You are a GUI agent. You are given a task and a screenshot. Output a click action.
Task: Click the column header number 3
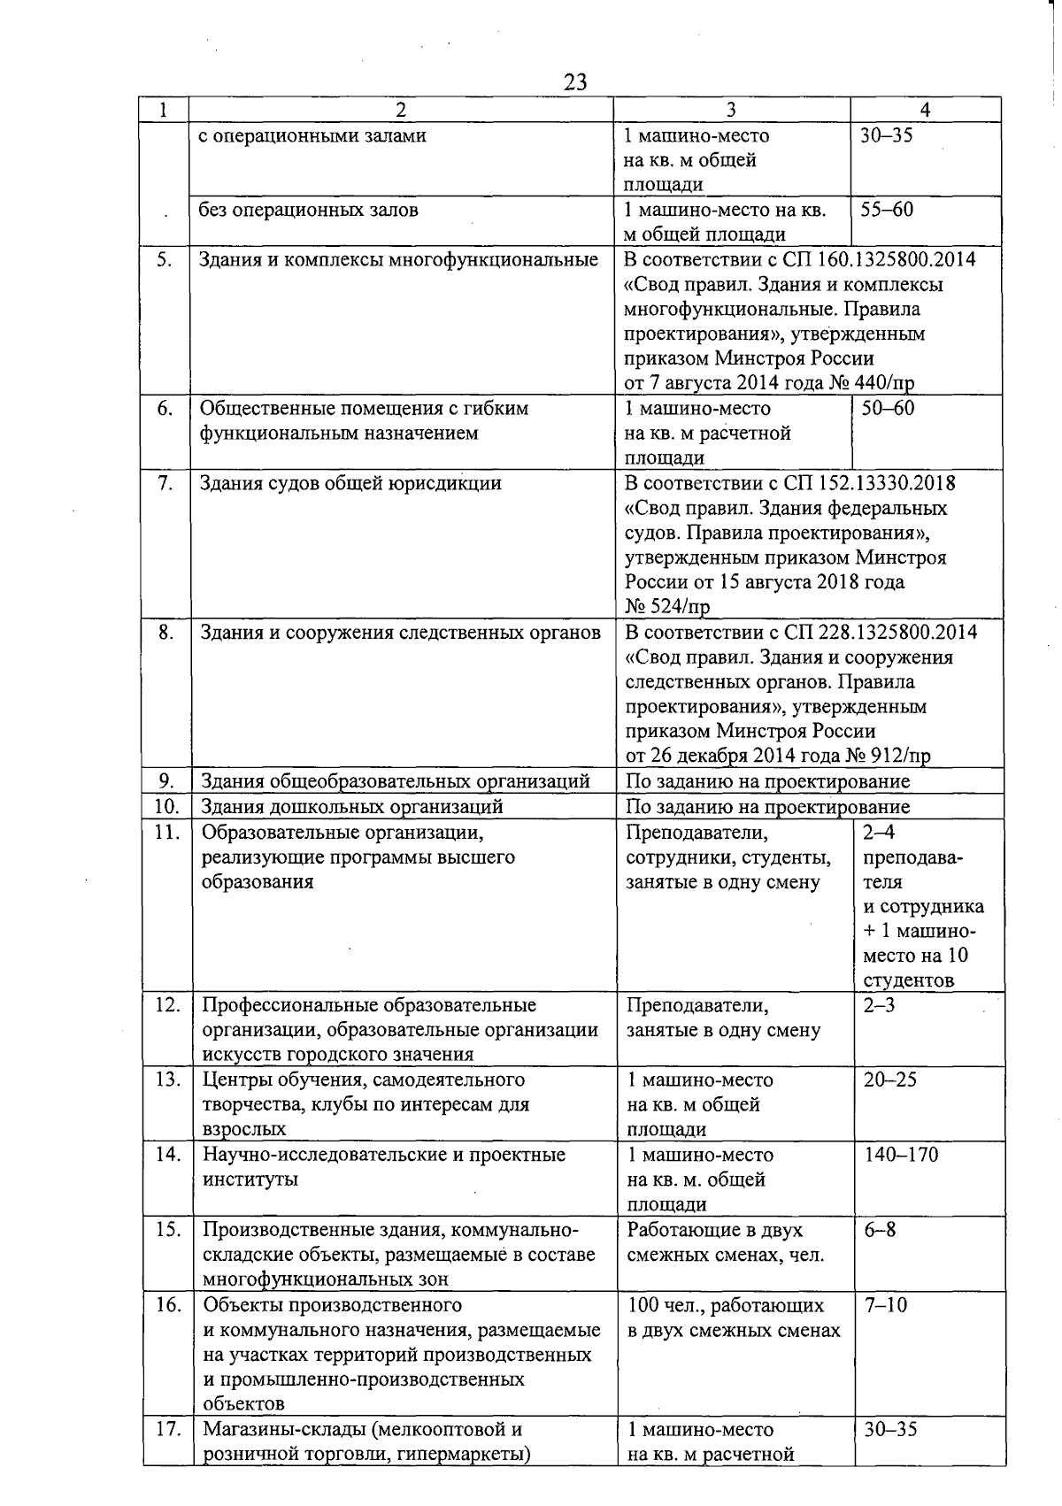731,110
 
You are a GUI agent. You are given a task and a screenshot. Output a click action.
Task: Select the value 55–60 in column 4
887,211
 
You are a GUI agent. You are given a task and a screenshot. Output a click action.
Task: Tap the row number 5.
165,260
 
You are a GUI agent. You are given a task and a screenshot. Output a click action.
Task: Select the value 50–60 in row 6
888,409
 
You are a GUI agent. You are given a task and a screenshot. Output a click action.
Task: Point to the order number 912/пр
901,757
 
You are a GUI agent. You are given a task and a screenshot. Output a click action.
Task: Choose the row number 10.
167,807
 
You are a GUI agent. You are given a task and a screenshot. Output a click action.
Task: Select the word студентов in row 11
909,980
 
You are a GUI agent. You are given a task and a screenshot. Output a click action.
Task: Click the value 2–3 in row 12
879,1006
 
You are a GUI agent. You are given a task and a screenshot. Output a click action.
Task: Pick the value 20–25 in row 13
890,1080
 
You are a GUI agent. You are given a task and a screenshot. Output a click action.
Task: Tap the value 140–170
901,1155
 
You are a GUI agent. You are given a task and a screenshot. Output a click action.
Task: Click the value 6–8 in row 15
880,1230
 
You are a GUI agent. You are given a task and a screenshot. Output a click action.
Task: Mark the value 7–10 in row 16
885,1305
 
